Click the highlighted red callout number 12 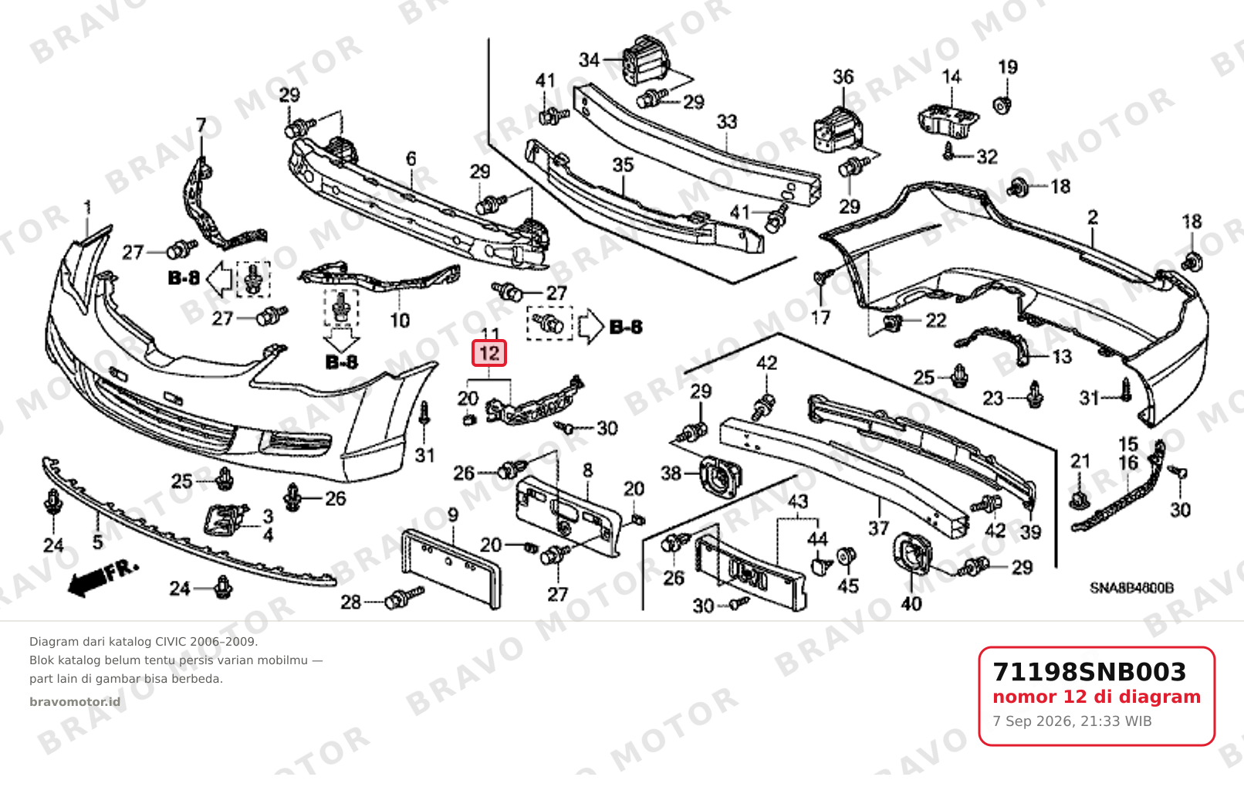pyautogui.click(x=489, y=354)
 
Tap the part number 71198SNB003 pyautogui.click(x=1089, y=672)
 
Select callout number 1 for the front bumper pyautogui.click(x=87, y=209)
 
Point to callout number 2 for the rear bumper pyautogui.click(x=1093, y=217)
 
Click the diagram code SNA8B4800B pyautogui.click(x=1132, y=588)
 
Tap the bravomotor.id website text pyautogui.click(x=75, y=702)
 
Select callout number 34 pyautogui.click(x=590, y=59)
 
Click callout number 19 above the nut pyautogui.click(x=1007, y=67)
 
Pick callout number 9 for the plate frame pyautogui.click(x=453, y=515)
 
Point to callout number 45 pyautogui.click(x=848, y=585)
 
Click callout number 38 pyautogui.click(x=671, y=473)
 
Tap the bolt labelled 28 pyautogui.click(x=404, y=599)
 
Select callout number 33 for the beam pyautogui.click(x=727, y=122)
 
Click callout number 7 pyautogui.click(x=201, y=125)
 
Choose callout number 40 pyautogui.click(x=911, y=603)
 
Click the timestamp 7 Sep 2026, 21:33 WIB pyautogui.click(x=1072, y=721)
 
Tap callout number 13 pyautogui.click(x=1062, y=357)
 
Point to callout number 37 pyautogui.click(x=878, y=528)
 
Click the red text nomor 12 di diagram pyautogui.click(x=1097, y=697)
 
